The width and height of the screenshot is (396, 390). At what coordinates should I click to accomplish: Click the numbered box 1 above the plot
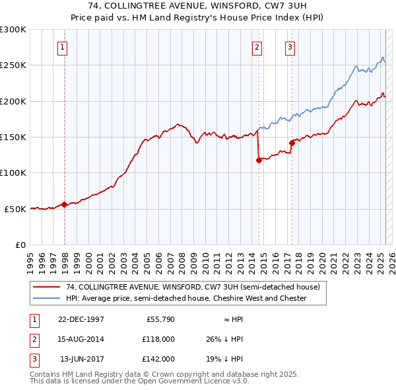click(x=61, y=47)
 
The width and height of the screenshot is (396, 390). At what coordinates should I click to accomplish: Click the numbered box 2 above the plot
click(x=256, y=47)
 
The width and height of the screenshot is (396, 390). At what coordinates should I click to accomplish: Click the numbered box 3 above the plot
click(x=290, y=47)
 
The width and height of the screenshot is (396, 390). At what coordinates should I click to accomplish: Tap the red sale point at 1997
click(x=64, y=204)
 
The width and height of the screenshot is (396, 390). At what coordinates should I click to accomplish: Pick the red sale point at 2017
click(x=292, y=142)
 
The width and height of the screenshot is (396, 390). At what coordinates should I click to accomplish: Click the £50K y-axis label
click(x=15, y=209)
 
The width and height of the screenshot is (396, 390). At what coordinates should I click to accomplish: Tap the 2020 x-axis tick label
click(x=321, y=258)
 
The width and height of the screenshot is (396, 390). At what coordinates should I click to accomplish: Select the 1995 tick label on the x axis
click(x=30, y=258)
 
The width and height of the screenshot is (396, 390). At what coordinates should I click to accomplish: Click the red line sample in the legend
click(x=48, y=287)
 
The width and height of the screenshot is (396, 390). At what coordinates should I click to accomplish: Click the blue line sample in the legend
click(x=48, y=298)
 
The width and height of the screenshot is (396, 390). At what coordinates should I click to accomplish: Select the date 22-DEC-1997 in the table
click(x=81, y=319)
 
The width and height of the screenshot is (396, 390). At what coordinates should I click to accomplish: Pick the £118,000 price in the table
click(x=159, y=339)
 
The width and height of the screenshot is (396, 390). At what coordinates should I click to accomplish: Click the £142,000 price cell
click(x=159, y=359)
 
